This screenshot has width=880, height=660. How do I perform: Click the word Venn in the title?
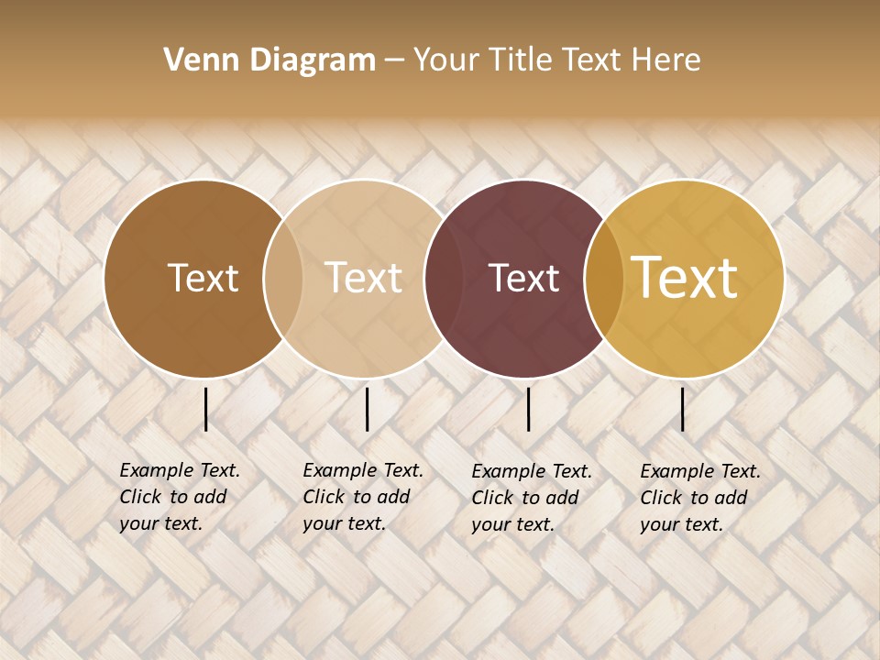190,60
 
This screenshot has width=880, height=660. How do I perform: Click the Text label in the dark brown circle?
203,278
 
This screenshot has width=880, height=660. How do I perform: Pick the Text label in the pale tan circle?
363,278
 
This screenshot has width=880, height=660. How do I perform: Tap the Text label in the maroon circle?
523,278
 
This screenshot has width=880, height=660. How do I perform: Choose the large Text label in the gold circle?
685,278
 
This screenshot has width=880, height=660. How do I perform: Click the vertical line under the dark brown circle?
205,409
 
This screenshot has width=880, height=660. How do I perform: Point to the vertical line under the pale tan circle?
367,409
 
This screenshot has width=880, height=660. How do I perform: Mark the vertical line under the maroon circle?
529,409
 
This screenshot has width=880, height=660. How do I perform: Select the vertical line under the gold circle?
683,409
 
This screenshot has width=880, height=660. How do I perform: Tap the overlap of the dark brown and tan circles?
283,279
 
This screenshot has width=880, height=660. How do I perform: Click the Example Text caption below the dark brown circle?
180,497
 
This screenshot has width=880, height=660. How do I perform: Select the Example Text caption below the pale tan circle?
363,497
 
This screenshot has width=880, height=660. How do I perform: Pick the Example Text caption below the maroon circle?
532,498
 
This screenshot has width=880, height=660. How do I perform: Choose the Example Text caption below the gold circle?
700,498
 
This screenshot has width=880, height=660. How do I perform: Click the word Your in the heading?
446,60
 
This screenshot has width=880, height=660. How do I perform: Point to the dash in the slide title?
394,61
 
